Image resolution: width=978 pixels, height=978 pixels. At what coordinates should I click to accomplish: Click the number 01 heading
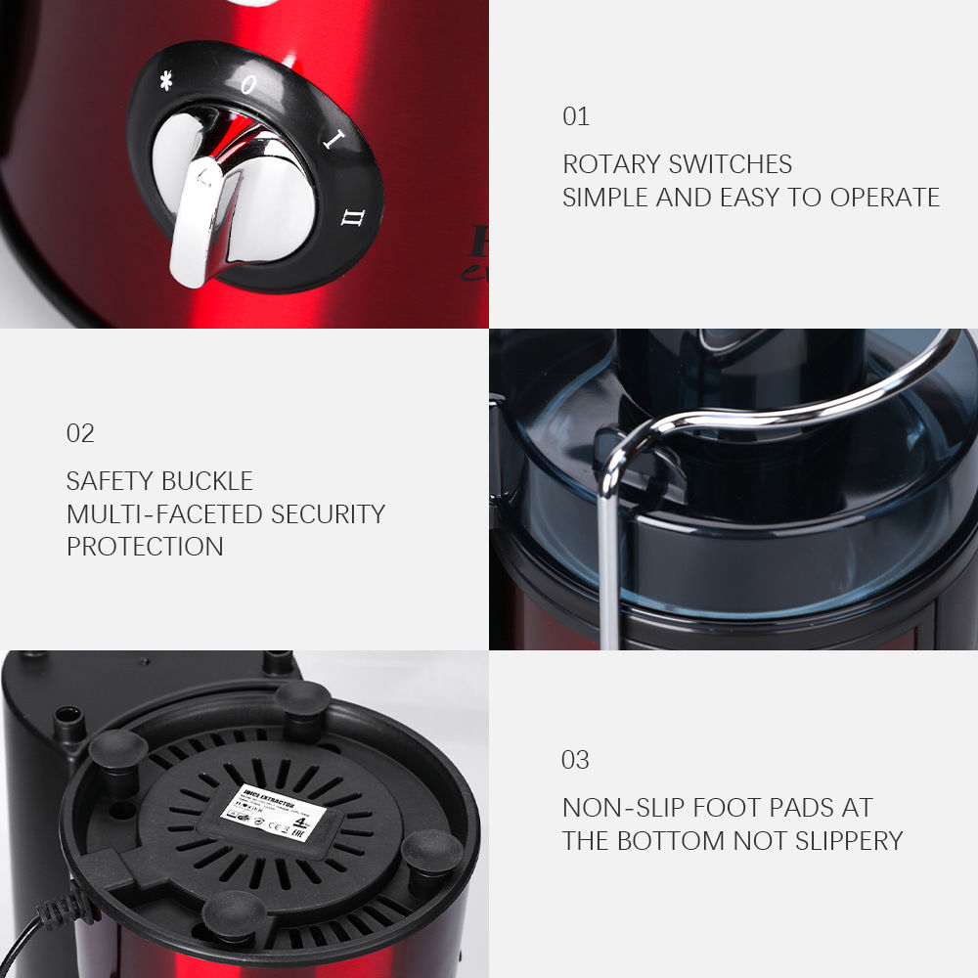pos(576,116)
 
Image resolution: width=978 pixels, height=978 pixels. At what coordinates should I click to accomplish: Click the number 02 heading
pos(80,433)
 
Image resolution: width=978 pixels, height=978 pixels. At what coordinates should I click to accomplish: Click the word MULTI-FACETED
pos(164,513)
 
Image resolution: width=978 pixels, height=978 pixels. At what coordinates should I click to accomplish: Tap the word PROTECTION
pos(145,547)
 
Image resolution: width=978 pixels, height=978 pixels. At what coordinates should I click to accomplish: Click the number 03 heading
pos(576,760)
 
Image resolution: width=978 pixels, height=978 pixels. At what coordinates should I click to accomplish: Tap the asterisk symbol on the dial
pos(165,82)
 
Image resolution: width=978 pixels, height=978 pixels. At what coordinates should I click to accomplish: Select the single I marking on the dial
pos(331,140)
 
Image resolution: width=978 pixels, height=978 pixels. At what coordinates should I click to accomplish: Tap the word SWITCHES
pos(733,164)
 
